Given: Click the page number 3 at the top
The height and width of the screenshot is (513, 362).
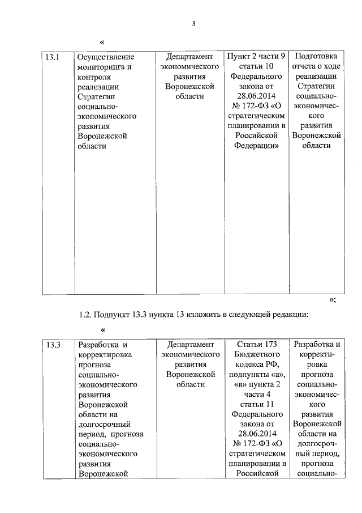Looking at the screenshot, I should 193,23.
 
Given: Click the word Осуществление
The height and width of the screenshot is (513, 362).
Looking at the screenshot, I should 106,57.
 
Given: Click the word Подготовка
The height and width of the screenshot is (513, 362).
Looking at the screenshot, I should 316,57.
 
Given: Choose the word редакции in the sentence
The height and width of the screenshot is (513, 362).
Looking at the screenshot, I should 289,315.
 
